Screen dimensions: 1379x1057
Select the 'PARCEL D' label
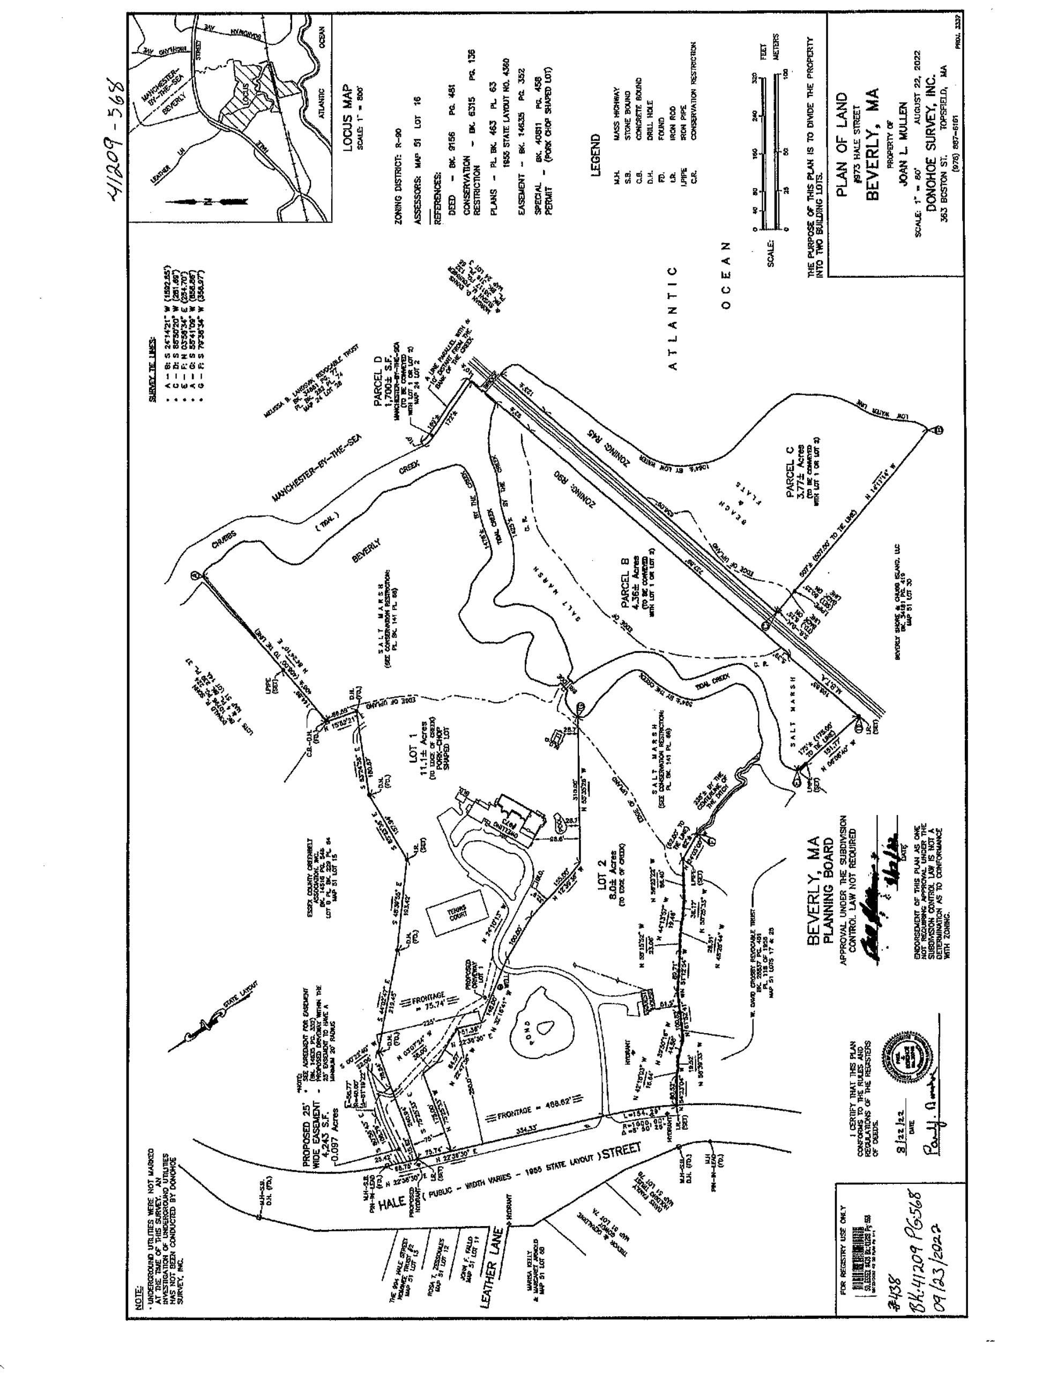coord(378,388)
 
